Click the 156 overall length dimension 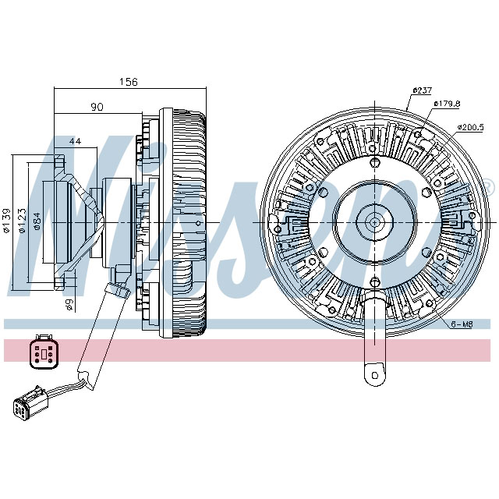click(129, 81)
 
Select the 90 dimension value click(97, 107)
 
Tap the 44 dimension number click(75, 141)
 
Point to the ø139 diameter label click(6, 221)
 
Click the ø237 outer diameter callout click(422, 90)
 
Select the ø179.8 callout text click(449, 103)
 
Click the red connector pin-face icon click(40, 352)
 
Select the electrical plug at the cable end click(27, 406)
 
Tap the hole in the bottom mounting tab click(375, 375)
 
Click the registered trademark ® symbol click(489, 186)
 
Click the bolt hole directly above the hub click(375, 162)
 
